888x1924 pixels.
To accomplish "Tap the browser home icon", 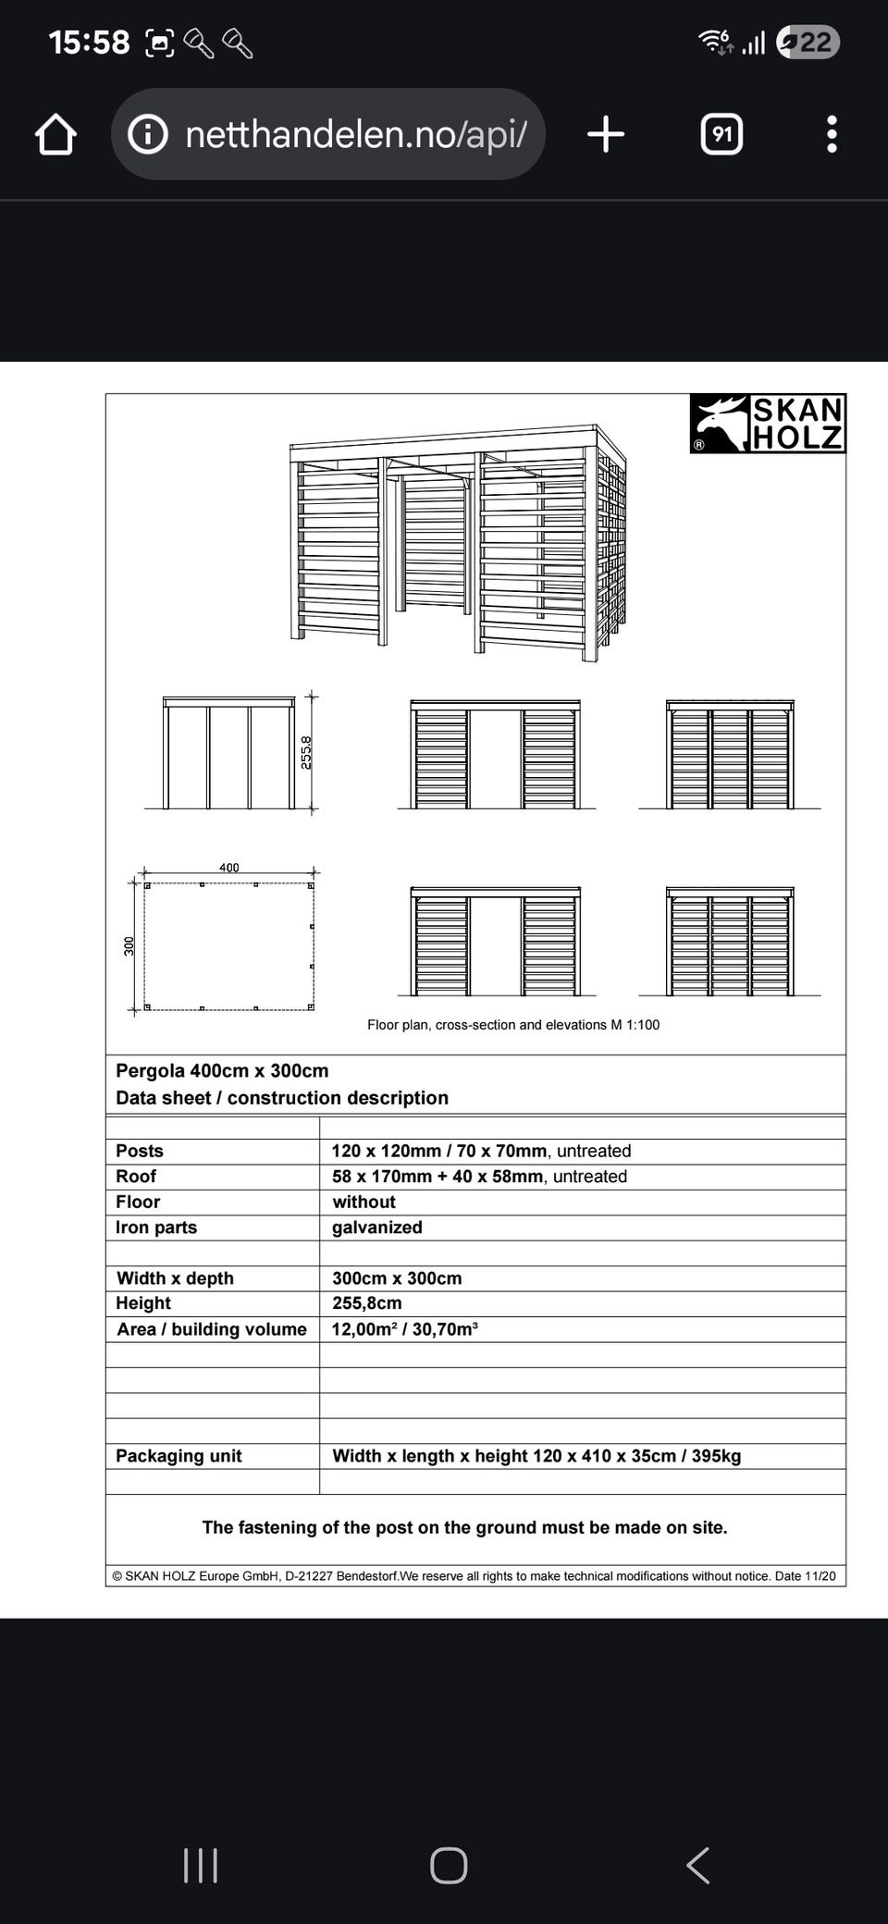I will [x=55, y=135].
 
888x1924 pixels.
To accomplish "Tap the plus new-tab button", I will [x=606, y=135].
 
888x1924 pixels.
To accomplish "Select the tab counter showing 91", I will [x=721, y=135].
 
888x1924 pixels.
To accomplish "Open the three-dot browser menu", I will [x=832, y=135].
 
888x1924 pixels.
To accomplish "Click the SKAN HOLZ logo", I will [x=768, y=424].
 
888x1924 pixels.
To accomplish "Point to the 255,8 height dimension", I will [x=306, y=752].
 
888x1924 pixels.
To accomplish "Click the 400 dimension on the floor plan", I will [x=228, y=868].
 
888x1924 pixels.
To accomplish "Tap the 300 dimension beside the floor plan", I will [x=129, y=945].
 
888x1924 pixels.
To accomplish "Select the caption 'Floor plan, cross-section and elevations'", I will [x=513, y=1025].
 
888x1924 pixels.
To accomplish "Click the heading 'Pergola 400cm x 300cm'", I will [x=222, y=1071].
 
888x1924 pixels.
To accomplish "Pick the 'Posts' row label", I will [x=140, y=1152].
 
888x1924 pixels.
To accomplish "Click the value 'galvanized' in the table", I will [x=377, y=1227].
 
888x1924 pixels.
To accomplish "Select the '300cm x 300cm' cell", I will [x=397, y=1278].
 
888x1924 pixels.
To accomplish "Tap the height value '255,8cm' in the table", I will [x=367, y=1303].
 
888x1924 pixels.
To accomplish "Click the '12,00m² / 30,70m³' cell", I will [x=404, y=1329].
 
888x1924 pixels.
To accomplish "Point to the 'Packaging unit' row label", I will [x=179, y=1456].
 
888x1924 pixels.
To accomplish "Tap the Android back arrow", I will [x=698, y=1866].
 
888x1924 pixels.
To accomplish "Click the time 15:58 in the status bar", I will [x=89, y=43].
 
